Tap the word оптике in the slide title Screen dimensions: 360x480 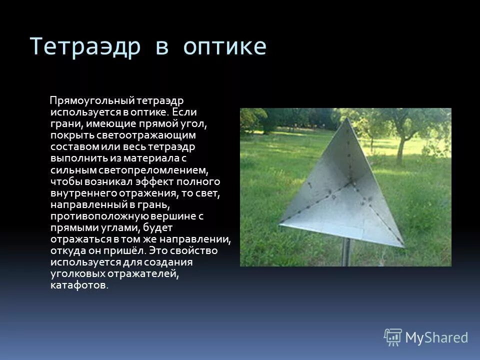224,46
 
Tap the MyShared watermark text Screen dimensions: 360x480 436,337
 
